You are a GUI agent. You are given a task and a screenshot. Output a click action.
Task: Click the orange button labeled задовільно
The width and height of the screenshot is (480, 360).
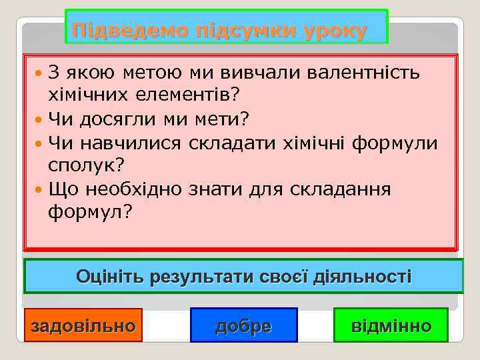click(83, 325)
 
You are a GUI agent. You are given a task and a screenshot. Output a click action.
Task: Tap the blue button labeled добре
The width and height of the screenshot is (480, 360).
click(243, 325)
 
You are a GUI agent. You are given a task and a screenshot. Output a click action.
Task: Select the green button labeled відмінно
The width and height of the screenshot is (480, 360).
click(391, 325)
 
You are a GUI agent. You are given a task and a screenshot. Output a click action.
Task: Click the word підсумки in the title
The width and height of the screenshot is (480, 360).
click(243, 31)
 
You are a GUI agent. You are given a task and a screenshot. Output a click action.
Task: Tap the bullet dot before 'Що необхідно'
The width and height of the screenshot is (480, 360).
click(39, 189)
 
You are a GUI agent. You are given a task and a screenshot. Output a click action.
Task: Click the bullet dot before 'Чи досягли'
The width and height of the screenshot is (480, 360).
click(39, 119)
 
